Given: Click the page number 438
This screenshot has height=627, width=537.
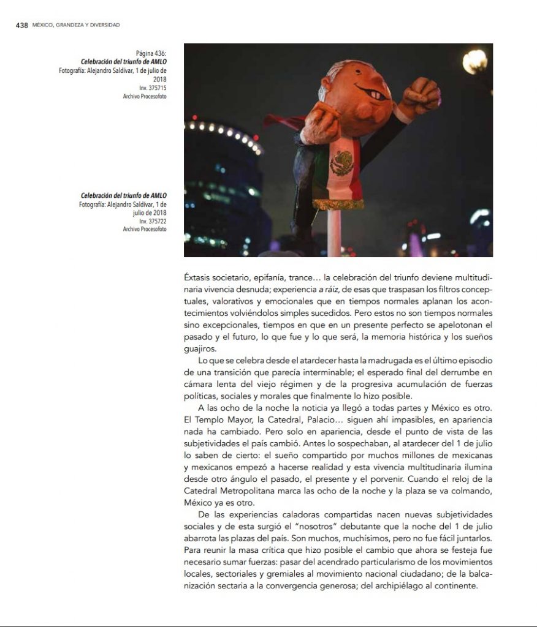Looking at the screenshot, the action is coord(21,25).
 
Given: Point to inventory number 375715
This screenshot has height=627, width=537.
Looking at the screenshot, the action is coord(153,88).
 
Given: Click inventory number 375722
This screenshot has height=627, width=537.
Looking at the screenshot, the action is coord(153,221).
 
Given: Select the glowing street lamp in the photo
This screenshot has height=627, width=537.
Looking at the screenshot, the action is coord(475,61).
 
